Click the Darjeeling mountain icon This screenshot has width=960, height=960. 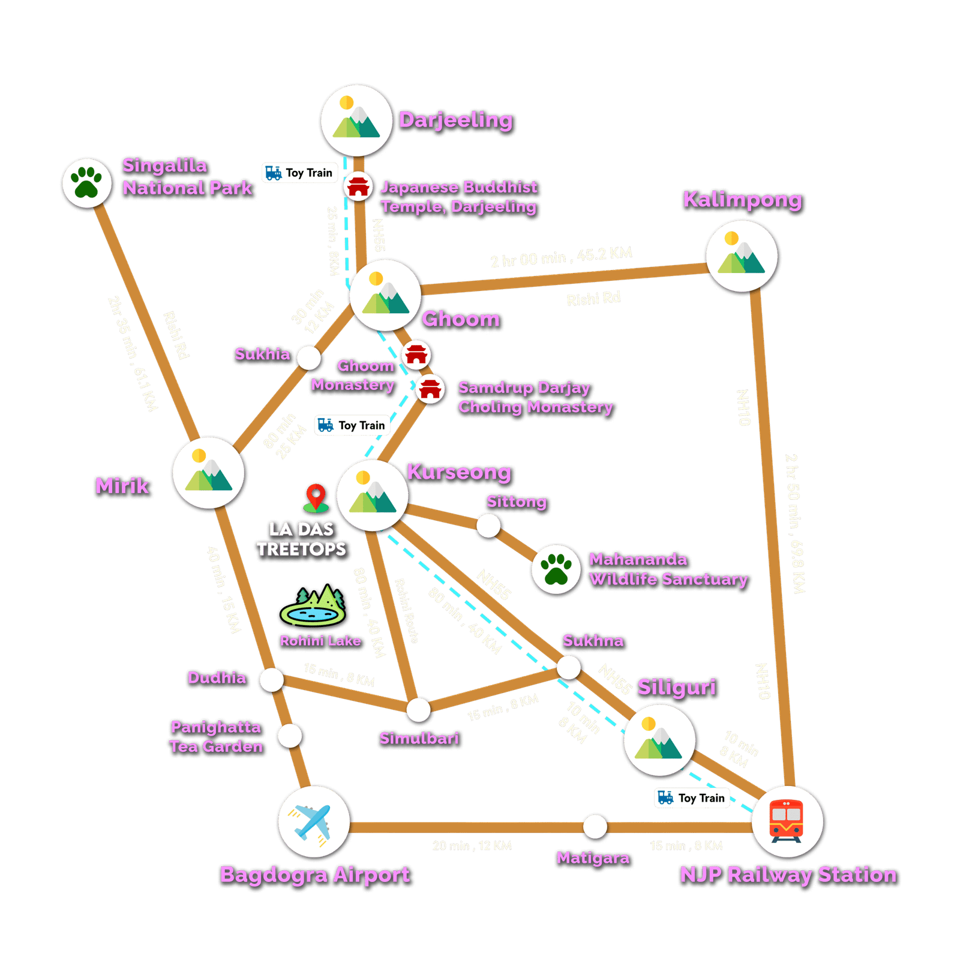[357, 121]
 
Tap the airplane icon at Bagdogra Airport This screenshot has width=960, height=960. [313, 821]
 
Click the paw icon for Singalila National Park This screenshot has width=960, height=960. [87, 182]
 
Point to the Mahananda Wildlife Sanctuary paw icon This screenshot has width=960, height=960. [556, 569]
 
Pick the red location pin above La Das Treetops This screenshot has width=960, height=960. [316, 498]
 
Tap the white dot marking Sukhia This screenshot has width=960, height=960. [309, 358]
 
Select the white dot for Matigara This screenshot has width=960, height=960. [595, 826]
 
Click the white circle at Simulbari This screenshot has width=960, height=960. [418, 710]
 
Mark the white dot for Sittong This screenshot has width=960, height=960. [488, 526]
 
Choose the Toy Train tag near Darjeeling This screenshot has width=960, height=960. [300, 173]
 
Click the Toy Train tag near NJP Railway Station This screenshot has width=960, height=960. [692, 798]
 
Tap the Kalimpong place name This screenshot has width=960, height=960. [742, 200]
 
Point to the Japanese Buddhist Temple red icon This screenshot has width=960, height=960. [358, 186]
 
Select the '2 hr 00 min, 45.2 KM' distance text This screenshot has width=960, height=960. [561, 257]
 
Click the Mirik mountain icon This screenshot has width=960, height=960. [208, 473]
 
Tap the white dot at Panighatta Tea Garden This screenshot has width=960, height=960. [290, 736]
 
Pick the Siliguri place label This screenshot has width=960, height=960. [676, 687]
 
